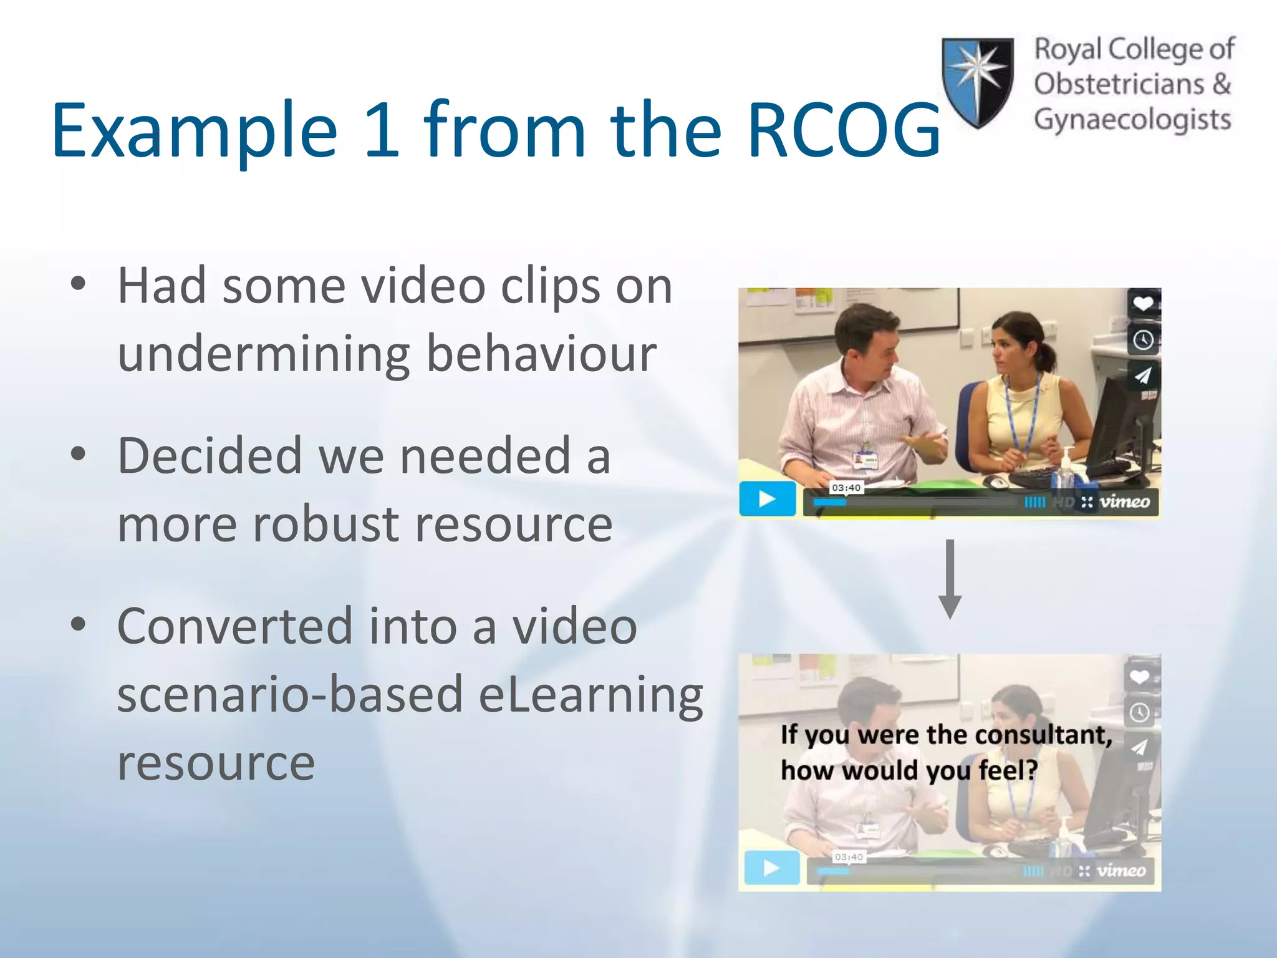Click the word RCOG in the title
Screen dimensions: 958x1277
point(843,131)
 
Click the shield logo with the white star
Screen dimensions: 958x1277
point(977,81)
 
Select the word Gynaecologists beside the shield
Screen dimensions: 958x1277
point(1132,120)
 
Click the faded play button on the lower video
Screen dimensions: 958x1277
point(771,868)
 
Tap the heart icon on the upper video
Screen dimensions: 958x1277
point(1143,304)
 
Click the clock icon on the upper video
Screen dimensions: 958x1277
point(1143,340)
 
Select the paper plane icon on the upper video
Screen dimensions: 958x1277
point(1143,375)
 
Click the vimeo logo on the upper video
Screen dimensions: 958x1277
point(1124,502)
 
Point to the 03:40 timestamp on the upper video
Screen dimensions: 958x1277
point(846,488)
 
